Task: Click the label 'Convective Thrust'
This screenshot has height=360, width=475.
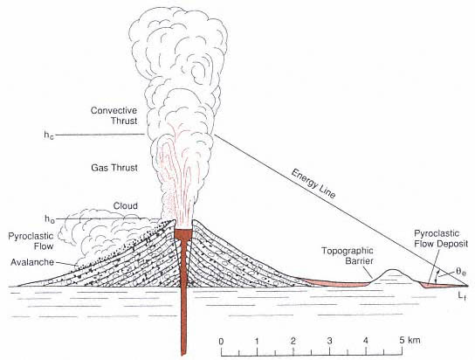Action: click(x=114, y=115)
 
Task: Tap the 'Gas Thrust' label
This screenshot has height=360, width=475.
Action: click(x=114, y=168)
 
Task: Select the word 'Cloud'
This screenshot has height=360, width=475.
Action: click(x=126, y=205)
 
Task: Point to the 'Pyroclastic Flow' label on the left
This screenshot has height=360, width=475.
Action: click(x=31, y=241)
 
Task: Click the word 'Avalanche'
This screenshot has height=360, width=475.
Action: click(x=32, y=262)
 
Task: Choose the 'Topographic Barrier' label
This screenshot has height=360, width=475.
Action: click(x=348, y=255)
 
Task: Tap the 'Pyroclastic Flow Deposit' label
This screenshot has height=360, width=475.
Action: click(x=441, y=239)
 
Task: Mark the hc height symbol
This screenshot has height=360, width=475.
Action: click(x=49, y=135)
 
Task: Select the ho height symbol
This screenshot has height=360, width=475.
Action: click(x=50, y=218)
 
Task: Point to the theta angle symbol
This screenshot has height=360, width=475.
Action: click(x=461, y=272)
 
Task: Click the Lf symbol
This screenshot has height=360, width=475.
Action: click(x=462, y=295)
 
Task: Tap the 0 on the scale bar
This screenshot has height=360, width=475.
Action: click(x=221, y=341)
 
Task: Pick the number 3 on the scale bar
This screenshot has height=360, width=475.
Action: click(x=329, y=341)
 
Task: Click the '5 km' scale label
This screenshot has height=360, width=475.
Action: click(x=410, y=340)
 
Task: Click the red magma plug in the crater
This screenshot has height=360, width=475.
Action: click(x=183, y=233)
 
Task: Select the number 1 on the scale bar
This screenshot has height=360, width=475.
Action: click(x=257, y=341)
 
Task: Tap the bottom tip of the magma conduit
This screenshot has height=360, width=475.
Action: click(x=183, y=355)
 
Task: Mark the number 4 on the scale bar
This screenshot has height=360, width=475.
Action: click(x=366, y=341)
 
